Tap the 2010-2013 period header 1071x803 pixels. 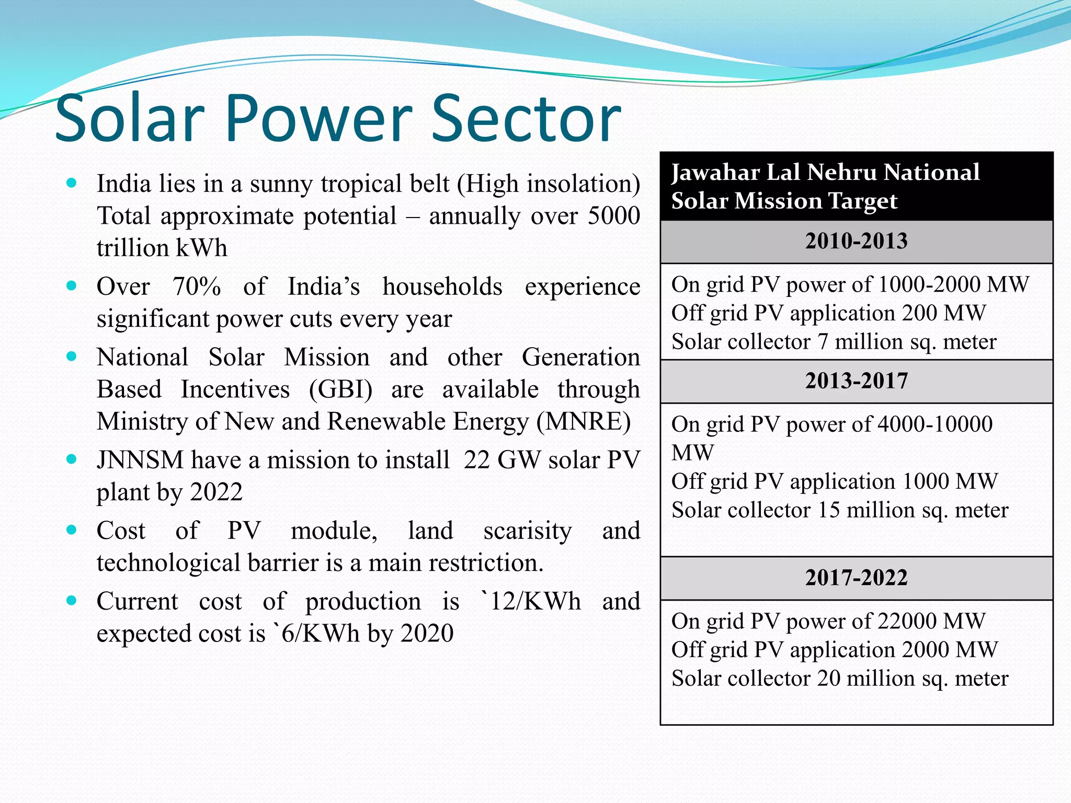coord(856,242)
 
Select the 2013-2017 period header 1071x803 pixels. coord(856,381)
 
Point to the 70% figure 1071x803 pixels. coord(197,287)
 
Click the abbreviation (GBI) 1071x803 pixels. coord(340,390)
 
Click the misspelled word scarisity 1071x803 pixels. coord(527,531)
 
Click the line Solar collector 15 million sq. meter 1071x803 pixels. coord(839,510)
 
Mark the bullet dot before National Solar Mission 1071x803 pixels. coord(72,357)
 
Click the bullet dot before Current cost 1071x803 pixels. coord(72,601)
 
